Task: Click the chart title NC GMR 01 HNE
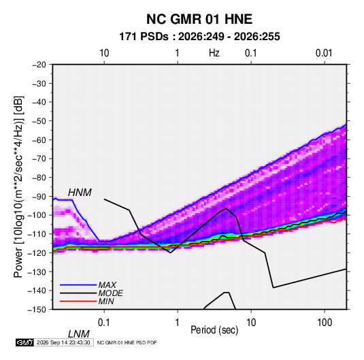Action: tap(199, 19)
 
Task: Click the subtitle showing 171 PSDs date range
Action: tap(199, 37)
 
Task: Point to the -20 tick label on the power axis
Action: tap(39, 65)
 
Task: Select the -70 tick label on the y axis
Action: tap(39, 159)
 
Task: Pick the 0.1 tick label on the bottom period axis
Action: tap(104, 323)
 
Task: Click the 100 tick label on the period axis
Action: tap(325, 323)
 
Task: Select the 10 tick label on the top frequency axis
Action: tap(104, 53)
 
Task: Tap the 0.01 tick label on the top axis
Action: tap(324, 53)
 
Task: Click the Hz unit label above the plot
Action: tap(214, 53)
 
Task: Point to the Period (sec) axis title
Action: tap(214, 330)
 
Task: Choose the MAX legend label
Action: tap(107, 285)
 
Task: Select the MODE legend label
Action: tap(110, 293)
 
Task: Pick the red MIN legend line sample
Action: tap(78, 301)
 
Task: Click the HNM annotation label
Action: tap(80, 193)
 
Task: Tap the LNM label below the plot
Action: tap(78, 334)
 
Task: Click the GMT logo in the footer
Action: tap(24, 342)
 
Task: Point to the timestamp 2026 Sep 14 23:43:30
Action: tap(63, 342)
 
